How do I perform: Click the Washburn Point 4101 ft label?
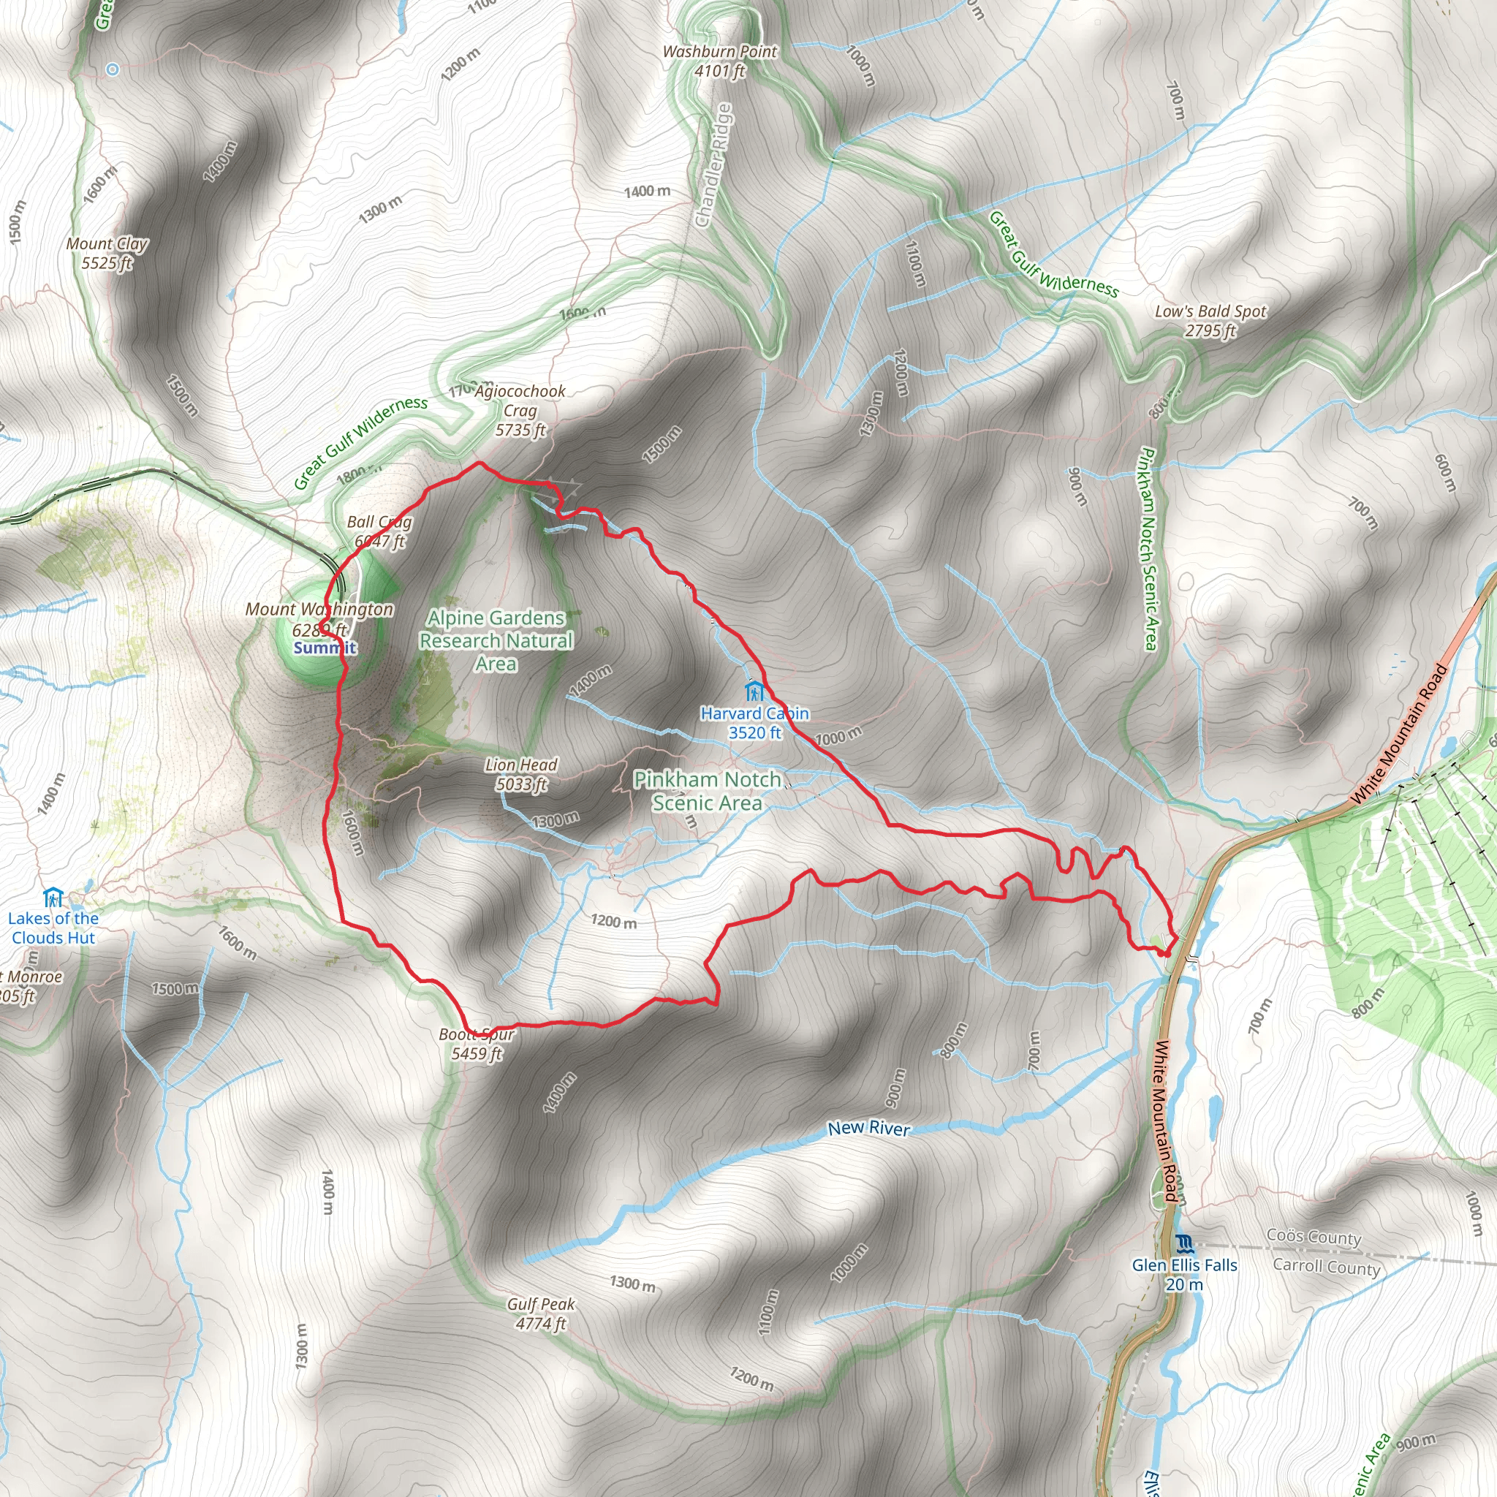[x=719, y=61]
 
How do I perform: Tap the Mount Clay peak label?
[x=107, y=254]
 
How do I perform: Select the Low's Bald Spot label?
[x=1210, y=321]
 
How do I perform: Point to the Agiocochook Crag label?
[x=520, y=411]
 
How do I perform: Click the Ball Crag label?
[x=379, y=531]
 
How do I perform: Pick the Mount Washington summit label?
[x=319, y=619]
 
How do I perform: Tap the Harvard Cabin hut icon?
[x=754, y=689]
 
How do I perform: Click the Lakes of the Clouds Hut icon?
[x=53, y=898]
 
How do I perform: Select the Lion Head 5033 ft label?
[x=521, y=774]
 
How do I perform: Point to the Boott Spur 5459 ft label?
[x=477, y=1044]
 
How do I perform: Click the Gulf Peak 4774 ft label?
[x=541, y=1314]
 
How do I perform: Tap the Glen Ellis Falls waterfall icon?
[x=1183, y=1244]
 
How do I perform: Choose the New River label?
[x=868, y=1128]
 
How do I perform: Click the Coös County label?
[x=1314, y=1237]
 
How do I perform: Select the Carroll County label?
[x=1327, y=1267]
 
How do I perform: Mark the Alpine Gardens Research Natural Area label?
[x=496, y=641]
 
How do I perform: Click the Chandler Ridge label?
[x=713, y=166]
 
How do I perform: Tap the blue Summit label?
[x=325, y=648]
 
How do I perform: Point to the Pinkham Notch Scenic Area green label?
[x=707, y=790]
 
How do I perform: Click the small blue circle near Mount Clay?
[x=113, y=69]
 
